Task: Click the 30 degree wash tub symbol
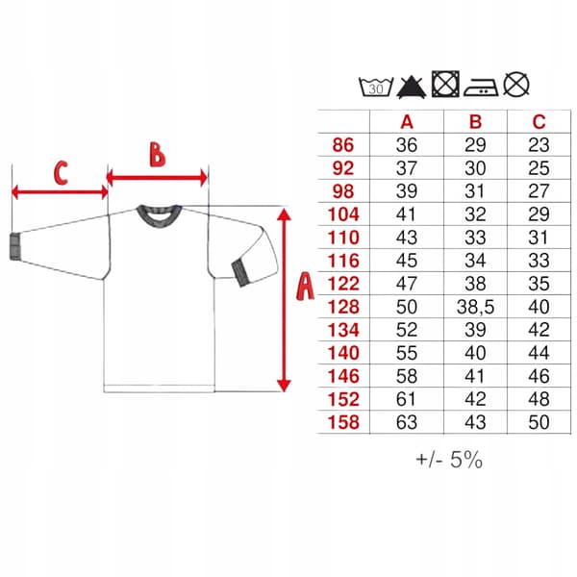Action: coord(376,87)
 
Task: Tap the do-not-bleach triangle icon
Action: coord(412,87)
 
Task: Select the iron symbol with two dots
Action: coord(481,88)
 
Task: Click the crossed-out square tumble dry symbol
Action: coord(445,84)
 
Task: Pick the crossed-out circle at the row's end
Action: coord(516,85)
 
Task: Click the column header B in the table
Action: coord(475,122)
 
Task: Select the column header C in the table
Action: coord(539,122)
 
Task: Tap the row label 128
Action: coord(343,307)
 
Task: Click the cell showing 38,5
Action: coord(475,307)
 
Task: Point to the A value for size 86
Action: coord(407,145)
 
